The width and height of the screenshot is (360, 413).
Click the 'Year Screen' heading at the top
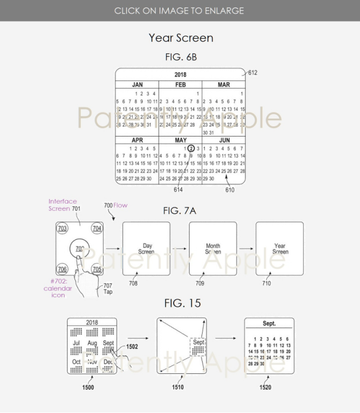pos(180,38)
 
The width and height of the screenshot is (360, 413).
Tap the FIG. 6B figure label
pos(180,57)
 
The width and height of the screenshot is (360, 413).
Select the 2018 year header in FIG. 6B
pos(180,75)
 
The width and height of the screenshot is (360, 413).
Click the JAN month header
pos(137,85)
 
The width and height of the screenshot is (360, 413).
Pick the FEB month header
pos(180,85)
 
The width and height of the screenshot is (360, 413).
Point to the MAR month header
pos(223,85)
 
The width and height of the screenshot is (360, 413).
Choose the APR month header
pos(137,140)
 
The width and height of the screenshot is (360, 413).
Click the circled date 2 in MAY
pos(192,149)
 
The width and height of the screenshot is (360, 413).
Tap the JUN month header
pos(223,140)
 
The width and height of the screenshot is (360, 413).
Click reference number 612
pos(253,72)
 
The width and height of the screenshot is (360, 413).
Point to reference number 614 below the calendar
pos(178,190)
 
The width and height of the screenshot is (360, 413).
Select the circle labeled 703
pos(63,229)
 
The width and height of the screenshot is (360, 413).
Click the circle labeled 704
pos(97,229)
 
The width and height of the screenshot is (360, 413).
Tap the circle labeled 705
pos(97,268)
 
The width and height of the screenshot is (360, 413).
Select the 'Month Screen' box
pos(213,249)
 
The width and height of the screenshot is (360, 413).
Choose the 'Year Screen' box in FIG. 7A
pos(280,249)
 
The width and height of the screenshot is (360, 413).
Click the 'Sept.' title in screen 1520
pos(269,324)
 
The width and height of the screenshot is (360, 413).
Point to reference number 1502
pos(132,346)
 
